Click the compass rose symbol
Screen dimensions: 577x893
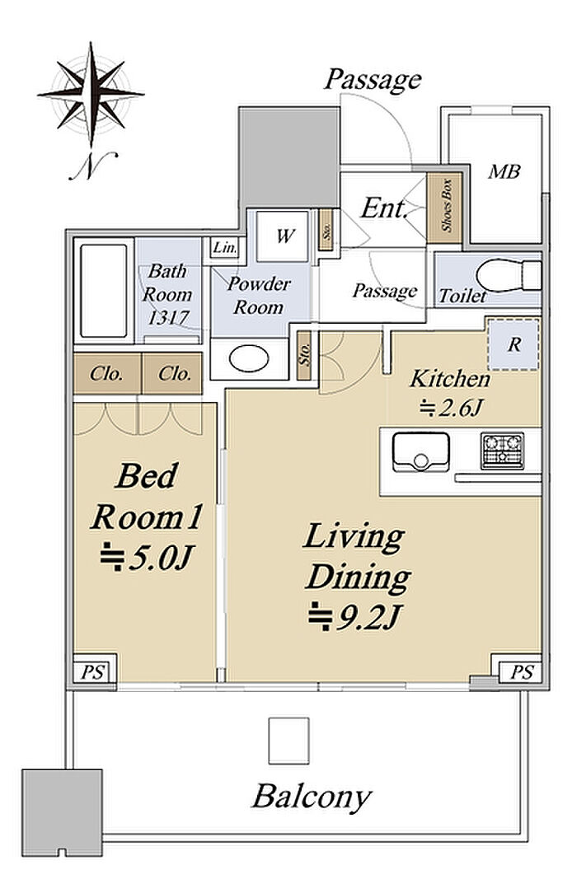(91, 93)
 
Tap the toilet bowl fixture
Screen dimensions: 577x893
(508, 276)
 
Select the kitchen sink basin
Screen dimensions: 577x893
(421, 452)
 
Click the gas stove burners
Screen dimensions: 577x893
(502, 451)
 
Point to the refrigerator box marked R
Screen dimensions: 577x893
(514, 344)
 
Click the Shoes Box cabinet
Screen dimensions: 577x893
(444, 206)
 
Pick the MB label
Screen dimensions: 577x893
(504, 171)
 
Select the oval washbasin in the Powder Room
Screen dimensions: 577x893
(249, 359)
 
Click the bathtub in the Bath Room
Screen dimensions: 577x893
(104, 291)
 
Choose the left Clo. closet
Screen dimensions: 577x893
(107, 374)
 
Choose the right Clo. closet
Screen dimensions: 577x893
(172, 374)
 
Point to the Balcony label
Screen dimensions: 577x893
(312, 797)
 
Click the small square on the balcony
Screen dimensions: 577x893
(288, 741)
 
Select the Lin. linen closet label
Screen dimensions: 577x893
(225, 248)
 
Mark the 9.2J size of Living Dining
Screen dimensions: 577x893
(356, 617)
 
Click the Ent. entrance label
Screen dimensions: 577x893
(384, 208)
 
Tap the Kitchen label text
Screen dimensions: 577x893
(450, 379)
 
